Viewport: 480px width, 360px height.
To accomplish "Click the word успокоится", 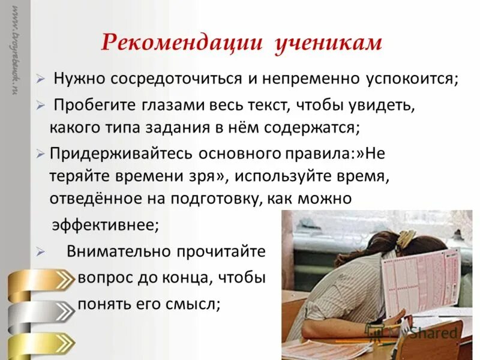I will click(x=408, y=79).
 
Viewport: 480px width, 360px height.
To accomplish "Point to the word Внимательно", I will click(x=118, y=251).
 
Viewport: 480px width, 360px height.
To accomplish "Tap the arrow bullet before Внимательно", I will click(x=40, y=252).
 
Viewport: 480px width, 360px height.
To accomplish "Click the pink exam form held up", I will click(x=420, y=282).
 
